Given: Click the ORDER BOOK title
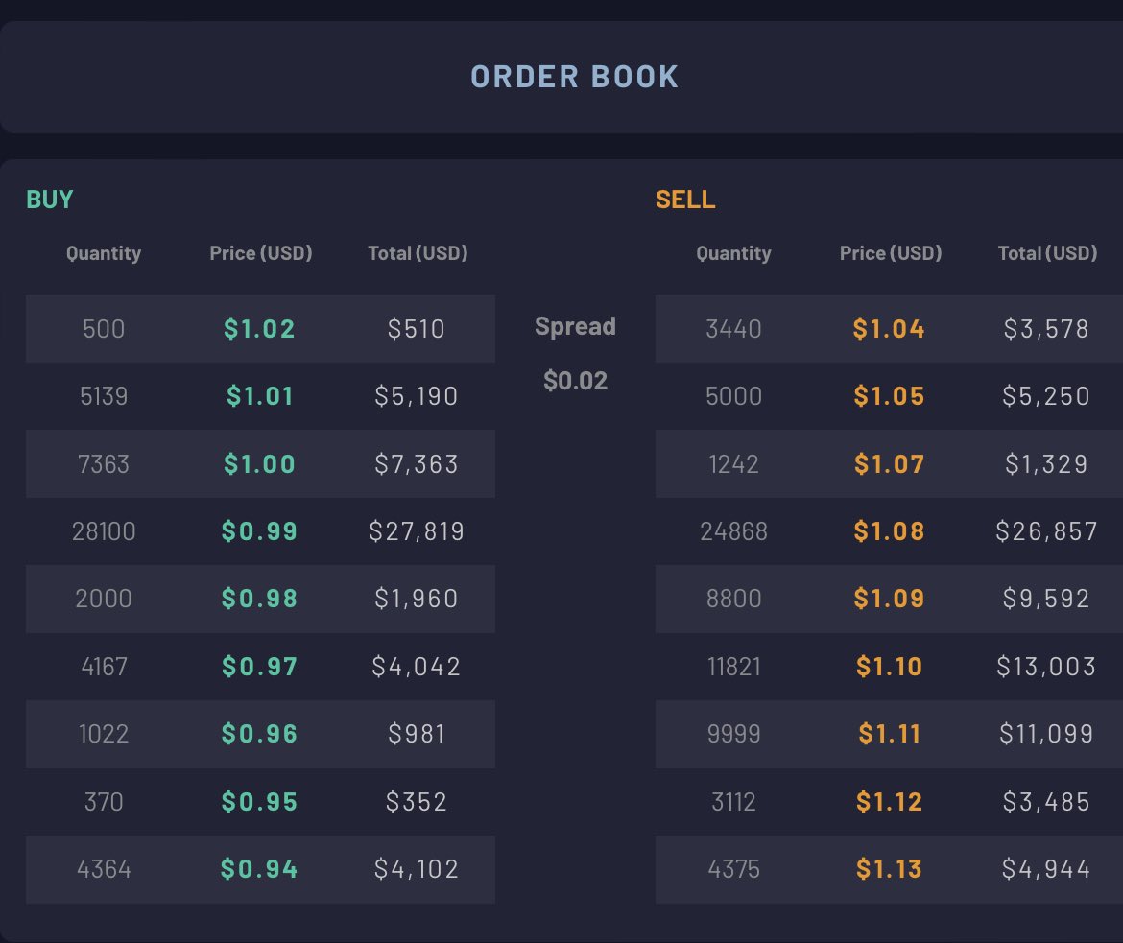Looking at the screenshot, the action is point(574,77).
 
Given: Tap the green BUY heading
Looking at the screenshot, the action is point(49,199).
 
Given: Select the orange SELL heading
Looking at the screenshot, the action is point(685,199).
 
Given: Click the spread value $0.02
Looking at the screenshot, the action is point(575,380).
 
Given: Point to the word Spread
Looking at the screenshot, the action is point(575,326).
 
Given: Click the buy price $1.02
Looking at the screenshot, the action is point(259,329).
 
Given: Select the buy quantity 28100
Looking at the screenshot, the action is point(104,531).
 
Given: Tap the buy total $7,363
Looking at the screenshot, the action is point(417,464).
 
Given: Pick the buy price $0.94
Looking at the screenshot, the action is point(259,869).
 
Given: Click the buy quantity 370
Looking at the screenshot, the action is point(104,802).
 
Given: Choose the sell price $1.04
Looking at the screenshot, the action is point(889,329).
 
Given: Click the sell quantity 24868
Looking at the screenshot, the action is point(733,531).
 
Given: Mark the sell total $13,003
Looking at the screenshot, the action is point(1046,667).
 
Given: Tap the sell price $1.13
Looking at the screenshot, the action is point(889,869).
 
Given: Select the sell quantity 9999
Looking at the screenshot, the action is point(733,734).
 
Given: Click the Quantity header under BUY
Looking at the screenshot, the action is point(104,252).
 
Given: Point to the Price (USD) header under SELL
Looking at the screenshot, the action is point(890,252).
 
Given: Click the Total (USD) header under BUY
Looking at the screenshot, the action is point(418,252).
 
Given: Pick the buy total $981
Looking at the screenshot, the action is point(417,734).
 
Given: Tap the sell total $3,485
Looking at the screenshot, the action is point(1046,802).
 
